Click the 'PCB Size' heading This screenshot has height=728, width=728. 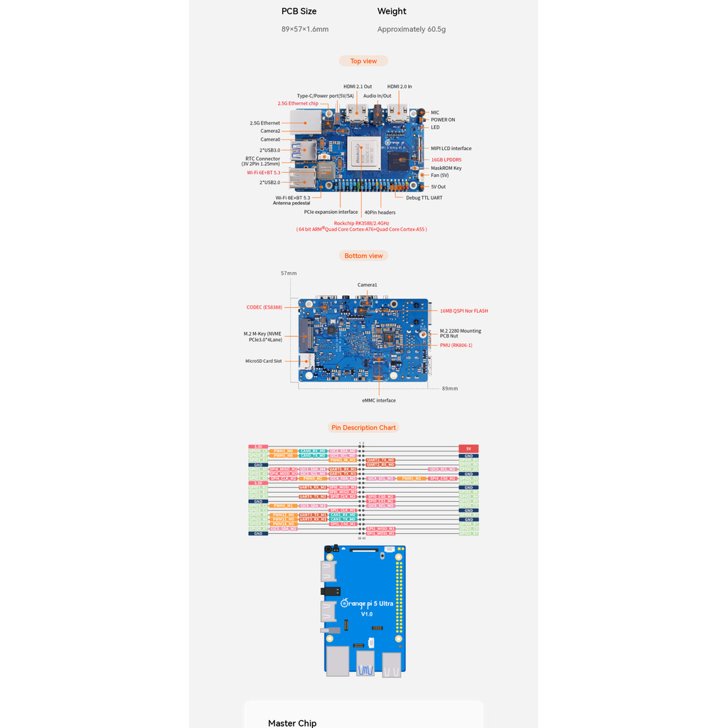[299, 11]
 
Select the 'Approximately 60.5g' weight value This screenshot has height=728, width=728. [411, 29]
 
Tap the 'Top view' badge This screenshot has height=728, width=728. [363, 61]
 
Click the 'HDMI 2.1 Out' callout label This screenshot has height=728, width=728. [358, 87]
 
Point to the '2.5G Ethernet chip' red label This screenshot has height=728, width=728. [298, 103]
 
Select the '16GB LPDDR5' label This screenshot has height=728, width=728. [446, 160]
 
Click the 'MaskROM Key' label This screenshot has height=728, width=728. [446, 168]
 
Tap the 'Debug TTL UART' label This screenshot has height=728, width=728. [424, 198]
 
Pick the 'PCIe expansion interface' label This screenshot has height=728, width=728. [331, 212]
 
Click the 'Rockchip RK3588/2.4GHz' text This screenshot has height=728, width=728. [361, 223]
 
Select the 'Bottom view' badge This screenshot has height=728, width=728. [363, 256]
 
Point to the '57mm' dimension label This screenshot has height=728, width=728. [289, 273]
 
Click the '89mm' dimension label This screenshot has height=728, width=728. [450, 388]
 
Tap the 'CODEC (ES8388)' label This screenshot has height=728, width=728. [264, 307]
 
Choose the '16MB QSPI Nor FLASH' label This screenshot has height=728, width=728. [464, 311]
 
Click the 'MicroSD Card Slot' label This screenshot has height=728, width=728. [263, 361]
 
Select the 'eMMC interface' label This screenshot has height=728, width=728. [378, 400]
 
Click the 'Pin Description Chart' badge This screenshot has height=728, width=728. [363, 428]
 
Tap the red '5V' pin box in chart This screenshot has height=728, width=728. [469, 449]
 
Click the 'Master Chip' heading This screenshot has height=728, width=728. [292, 723]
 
